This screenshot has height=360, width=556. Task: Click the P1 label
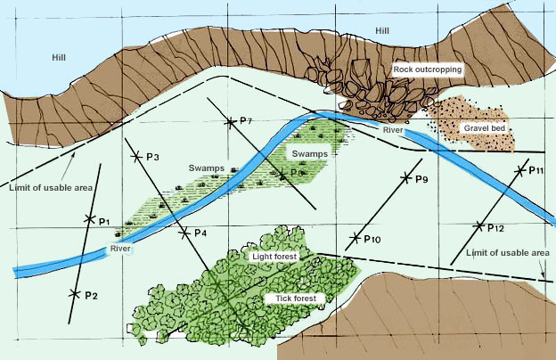[103, 221]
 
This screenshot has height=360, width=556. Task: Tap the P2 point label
[91, 295]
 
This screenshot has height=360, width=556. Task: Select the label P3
[151, 158]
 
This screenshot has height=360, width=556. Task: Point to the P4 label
[200, 233]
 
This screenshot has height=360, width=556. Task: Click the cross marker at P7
[230, 121]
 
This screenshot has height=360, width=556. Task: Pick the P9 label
[422, 179]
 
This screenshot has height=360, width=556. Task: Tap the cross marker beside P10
[356, 238]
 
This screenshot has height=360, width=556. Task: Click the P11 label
[536, 169]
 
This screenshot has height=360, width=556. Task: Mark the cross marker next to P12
[479, 225]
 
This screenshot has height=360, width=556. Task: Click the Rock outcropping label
[426, 68]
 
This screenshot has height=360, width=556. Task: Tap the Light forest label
[274, 256]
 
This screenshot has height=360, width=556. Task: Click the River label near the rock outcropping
[393, 131]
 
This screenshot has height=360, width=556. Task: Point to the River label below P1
[120, 249]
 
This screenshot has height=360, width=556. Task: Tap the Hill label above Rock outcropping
[383, 32]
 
